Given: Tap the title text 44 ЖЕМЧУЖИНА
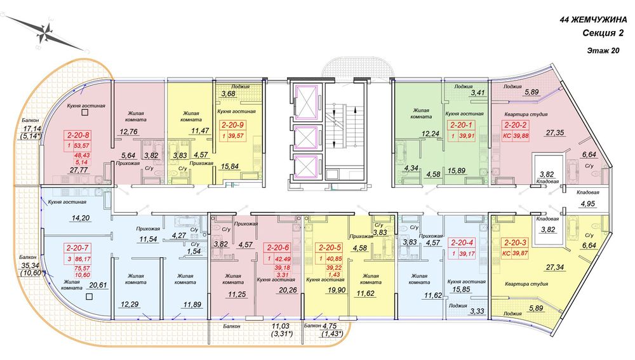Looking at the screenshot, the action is pos(593,20).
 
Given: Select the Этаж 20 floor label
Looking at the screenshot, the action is pos(603,51).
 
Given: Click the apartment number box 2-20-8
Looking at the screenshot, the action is pos(78,135).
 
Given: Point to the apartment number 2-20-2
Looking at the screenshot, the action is pos(516,125).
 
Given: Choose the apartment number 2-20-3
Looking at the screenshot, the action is pos(515,243).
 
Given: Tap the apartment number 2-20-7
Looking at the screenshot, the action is pos(77,248).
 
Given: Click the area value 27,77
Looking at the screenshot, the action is pos(79,170).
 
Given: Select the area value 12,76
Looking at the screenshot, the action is pos(128,131).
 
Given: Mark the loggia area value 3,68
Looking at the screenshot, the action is pos(228,93).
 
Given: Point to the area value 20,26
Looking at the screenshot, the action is pos(288,290).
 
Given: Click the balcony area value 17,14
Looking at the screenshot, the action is pos(30,128).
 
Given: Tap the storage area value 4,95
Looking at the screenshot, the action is pos(587,204).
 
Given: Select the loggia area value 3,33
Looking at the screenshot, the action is pos(477,311).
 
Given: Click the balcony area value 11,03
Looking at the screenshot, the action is pos(281,326).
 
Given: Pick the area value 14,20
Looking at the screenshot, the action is pos(81,218).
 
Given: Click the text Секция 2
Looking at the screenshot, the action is pos(603,33).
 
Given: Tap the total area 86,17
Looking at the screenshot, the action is pos(83,259).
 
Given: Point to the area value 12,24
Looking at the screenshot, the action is pos(431,133).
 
